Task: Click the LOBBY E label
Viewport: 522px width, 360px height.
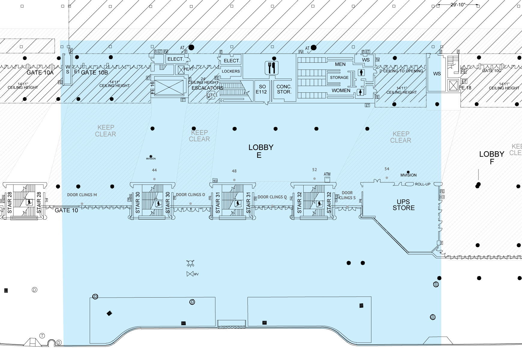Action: (261, 151)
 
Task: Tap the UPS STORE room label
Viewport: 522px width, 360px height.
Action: (403, 205)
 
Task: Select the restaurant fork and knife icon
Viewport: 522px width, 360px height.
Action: (272, 68)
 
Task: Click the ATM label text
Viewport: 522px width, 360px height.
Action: (327, 174)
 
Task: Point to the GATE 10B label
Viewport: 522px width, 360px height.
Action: (94, 73)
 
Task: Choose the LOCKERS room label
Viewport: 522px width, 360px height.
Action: (231, 71)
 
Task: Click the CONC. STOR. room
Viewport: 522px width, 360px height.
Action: (284, 89)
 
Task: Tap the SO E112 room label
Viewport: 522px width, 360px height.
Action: (261, 89)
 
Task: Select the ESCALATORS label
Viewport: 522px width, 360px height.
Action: (207, 88)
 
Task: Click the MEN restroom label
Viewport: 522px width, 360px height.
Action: (340, 64)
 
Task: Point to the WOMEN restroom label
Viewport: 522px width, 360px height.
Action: (341, 91)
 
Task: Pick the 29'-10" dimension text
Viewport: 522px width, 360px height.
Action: (458, 4)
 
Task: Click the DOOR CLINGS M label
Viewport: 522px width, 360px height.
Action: (82, 195)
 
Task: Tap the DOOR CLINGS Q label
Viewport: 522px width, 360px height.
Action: (272, 197)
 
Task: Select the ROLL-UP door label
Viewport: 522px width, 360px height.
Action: (423, 184)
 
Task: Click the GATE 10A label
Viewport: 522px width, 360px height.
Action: (40, 73)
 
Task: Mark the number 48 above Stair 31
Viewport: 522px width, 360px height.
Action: (234, 171)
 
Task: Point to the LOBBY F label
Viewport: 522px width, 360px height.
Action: (491, 158)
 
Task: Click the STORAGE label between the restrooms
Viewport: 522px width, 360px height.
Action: (339, 77)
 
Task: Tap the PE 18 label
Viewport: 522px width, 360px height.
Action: (465, 88)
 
